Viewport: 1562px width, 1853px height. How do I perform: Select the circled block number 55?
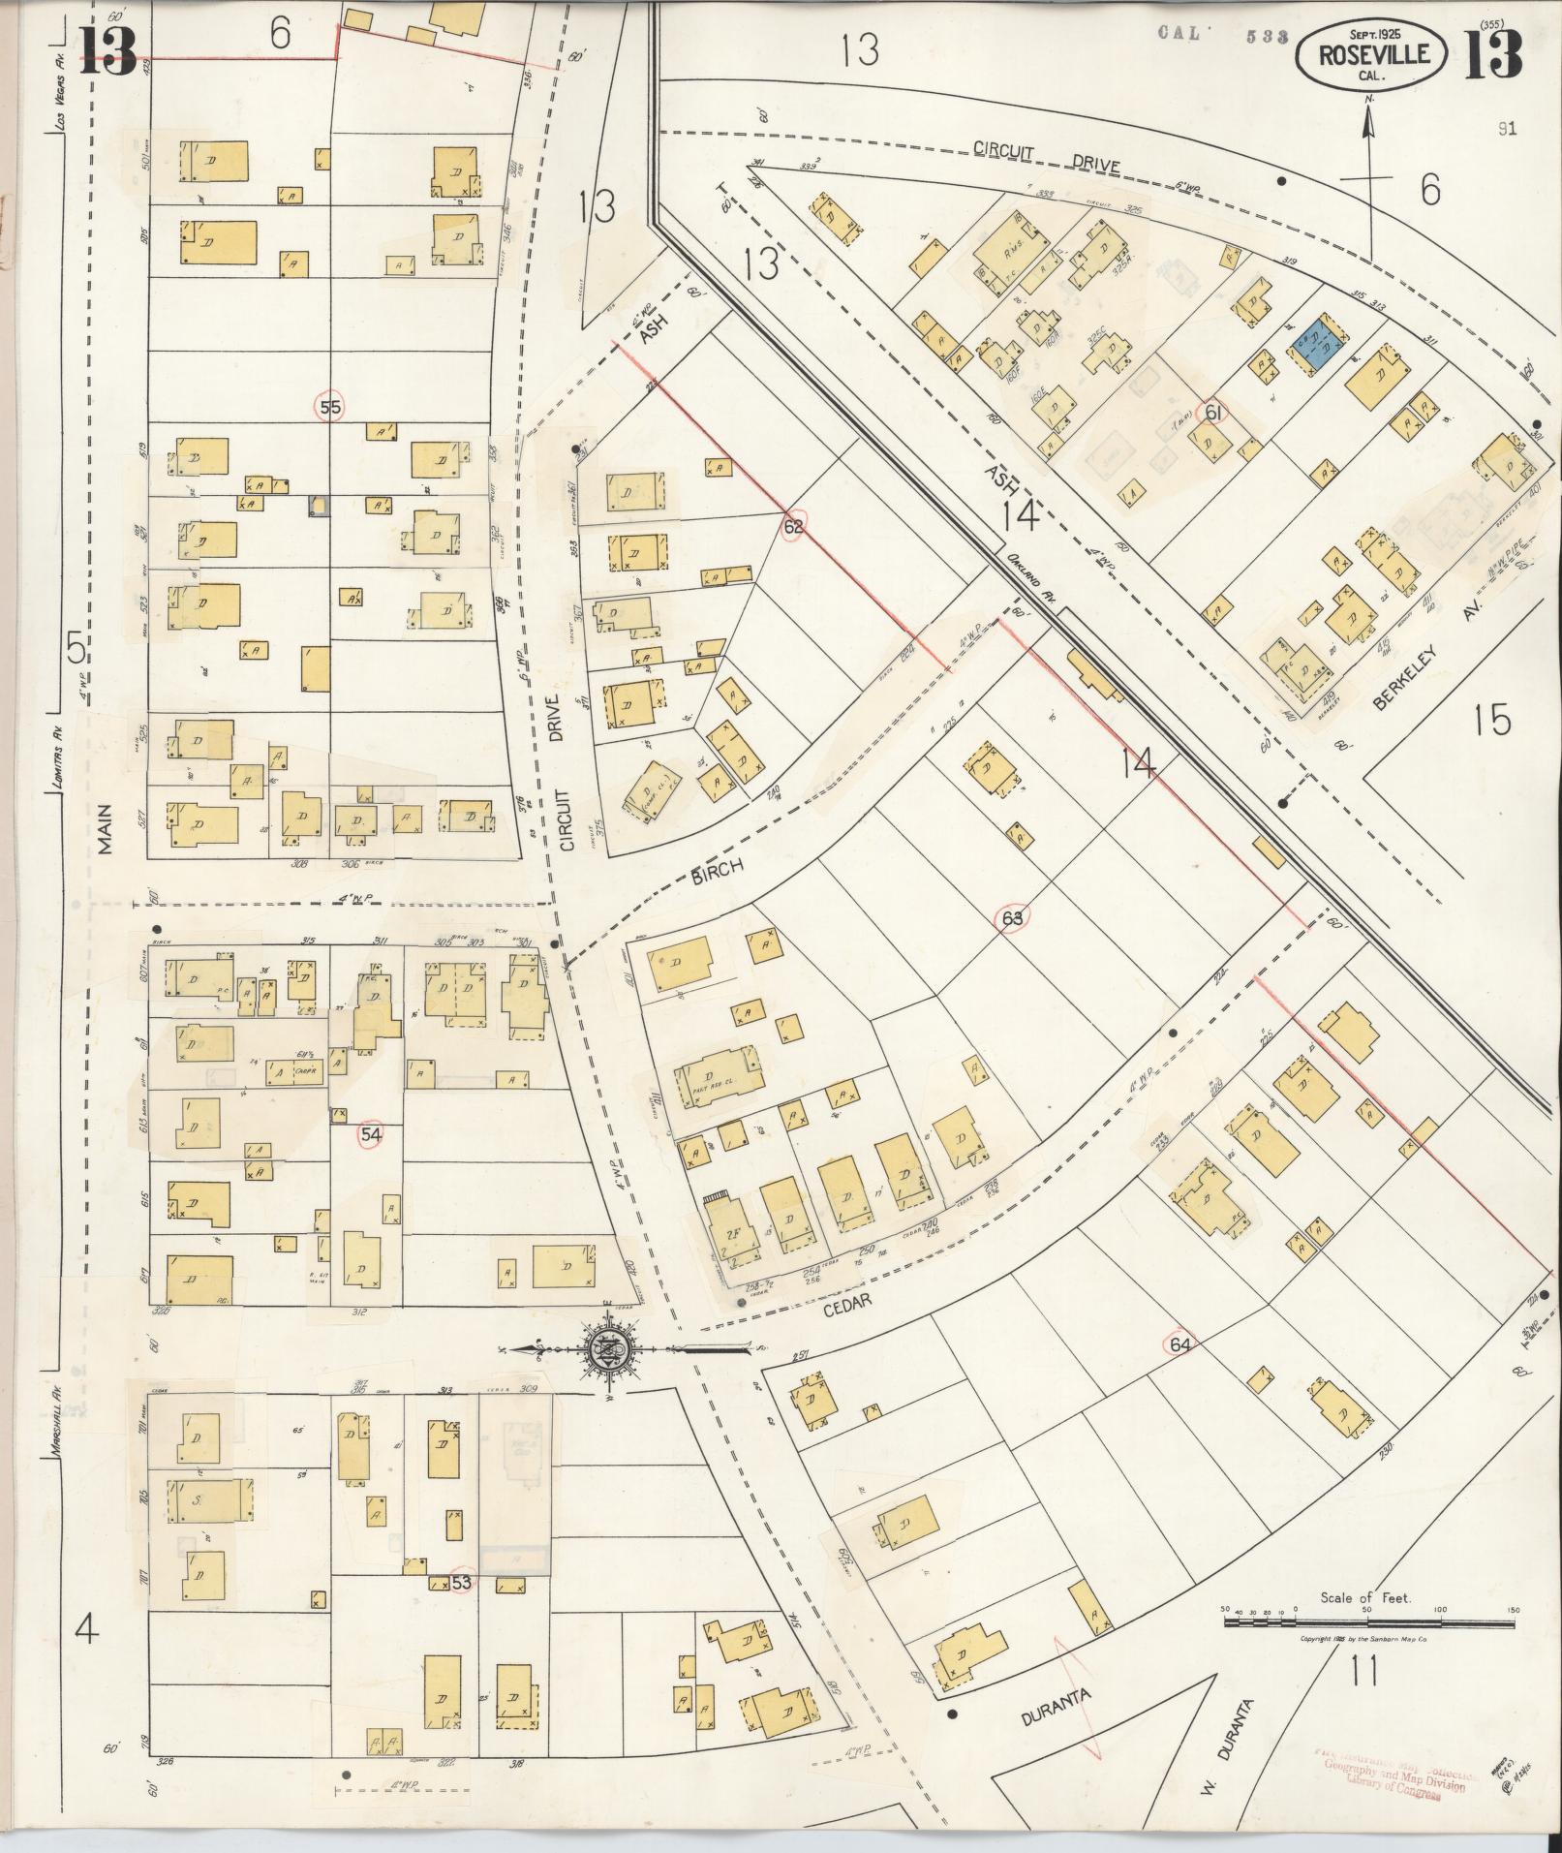tap(330, 408)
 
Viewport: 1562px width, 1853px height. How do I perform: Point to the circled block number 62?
tap(794, 527)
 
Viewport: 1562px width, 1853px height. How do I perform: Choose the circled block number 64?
tap(1179, 1343)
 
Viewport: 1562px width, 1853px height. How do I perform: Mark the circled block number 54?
tap(370, 1135)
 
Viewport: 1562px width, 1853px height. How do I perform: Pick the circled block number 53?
tap(462, 1582)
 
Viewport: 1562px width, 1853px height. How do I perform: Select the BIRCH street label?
tap(718, 869)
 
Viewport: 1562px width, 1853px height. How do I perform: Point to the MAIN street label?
tap(105, 831)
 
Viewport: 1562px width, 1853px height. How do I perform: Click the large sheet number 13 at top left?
tap(107, 50)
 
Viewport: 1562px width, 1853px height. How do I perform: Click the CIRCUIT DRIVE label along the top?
tap(1046, 157)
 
